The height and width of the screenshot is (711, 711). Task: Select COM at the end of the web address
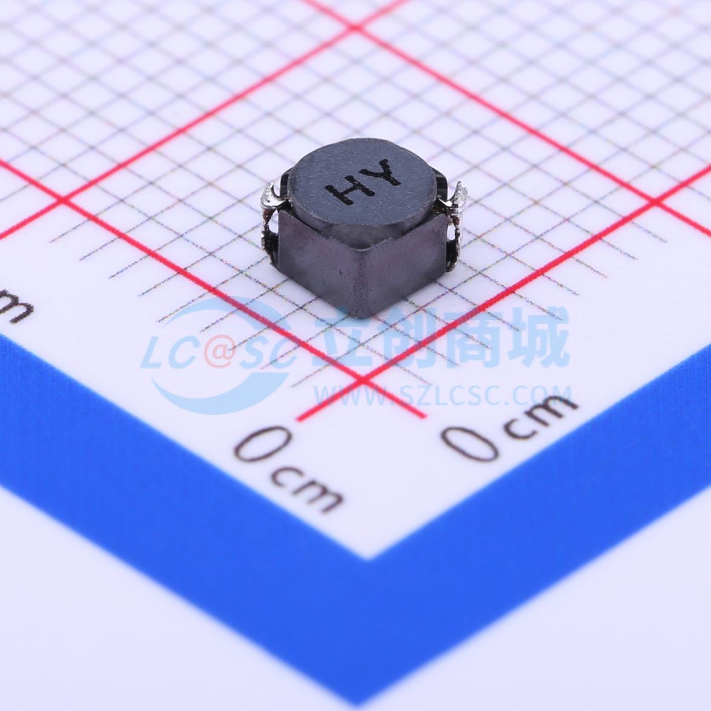[539, 397]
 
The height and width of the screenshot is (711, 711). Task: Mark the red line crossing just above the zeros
[363, 381]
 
